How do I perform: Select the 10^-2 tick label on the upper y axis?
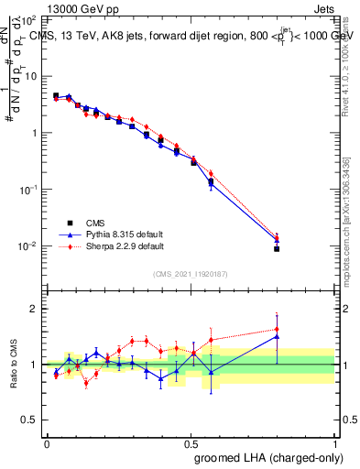point(31,246)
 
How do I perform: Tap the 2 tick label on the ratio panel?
point(37,309)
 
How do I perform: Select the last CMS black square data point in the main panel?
point(277,248)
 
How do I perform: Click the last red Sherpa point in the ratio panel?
point(277,329)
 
